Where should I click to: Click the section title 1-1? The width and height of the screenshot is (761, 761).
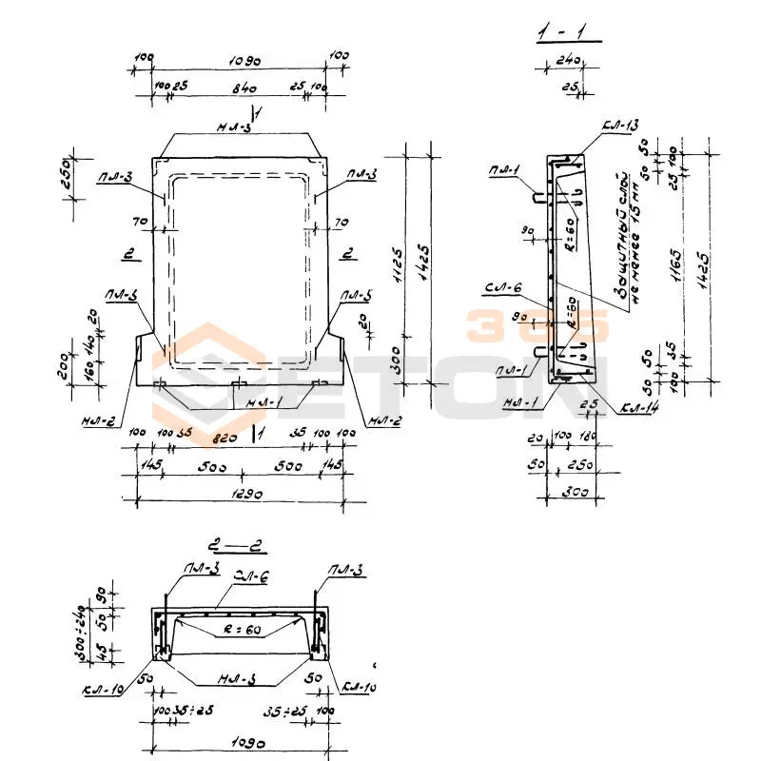pyautogui.click(x=568, y=35)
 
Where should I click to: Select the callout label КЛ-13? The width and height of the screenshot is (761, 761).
pyautogui.click(x=620, y=126)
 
